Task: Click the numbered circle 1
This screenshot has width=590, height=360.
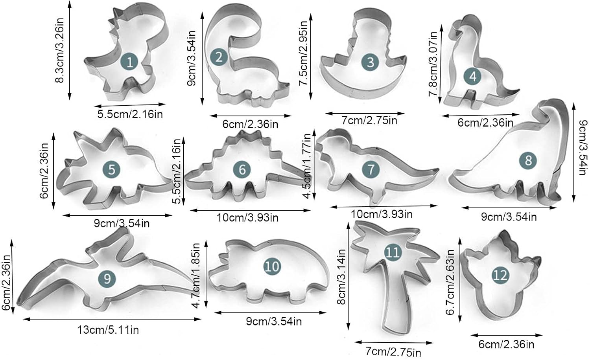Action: (130, 62)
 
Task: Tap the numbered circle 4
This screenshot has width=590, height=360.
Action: (473, 76)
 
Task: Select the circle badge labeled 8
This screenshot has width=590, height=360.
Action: (528, 160)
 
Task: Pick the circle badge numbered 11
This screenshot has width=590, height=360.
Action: (392, 252)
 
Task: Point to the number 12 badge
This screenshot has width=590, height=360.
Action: (500, 275)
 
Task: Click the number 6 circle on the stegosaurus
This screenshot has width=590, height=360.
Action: (242, 169)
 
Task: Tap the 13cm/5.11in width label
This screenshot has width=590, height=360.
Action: (108, 330)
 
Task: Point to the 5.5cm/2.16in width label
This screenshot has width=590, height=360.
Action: (130, 114)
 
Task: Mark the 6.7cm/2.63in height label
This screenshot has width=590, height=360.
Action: (451, 282)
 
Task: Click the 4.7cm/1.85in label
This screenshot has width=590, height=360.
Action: (197, 275)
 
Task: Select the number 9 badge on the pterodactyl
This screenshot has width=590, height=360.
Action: (107, 279)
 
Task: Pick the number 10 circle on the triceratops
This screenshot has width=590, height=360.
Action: (272, 266)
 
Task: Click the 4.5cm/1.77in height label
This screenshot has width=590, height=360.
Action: (307, 165)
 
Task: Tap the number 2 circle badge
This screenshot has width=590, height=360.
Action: (219, 57)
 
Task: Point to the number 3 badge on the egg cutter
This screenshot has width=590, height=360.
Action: (370, 62)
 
